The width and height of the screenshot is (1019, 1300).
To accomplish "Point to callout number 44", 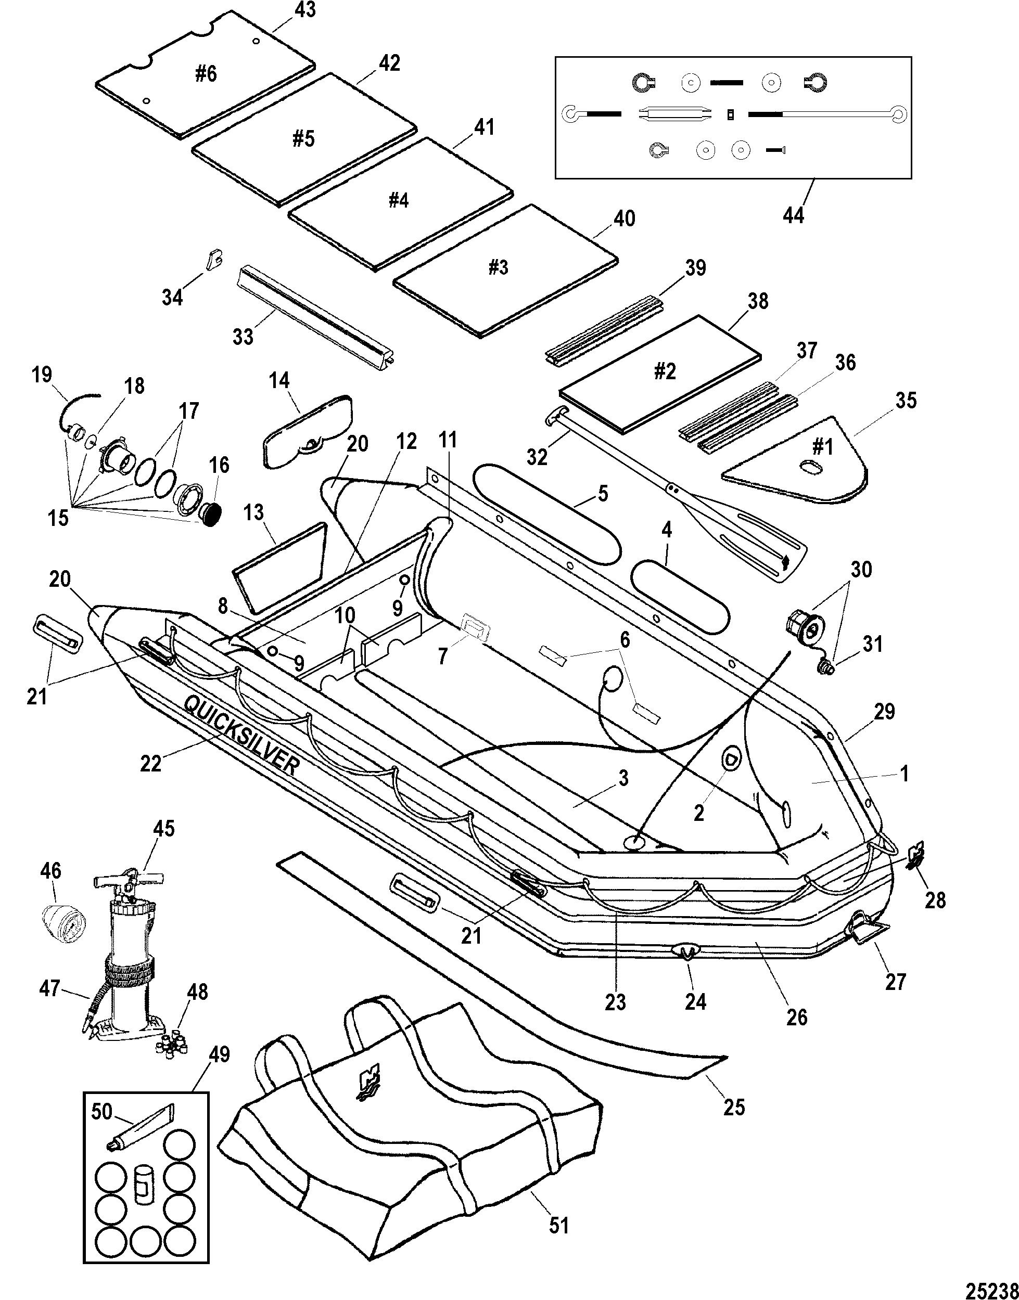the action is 794,214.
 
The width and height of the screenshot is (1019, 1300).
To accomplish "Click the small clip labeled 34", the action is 213,260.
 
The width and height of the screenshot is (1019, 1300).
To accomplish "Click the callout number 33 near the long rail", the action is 243,337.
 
